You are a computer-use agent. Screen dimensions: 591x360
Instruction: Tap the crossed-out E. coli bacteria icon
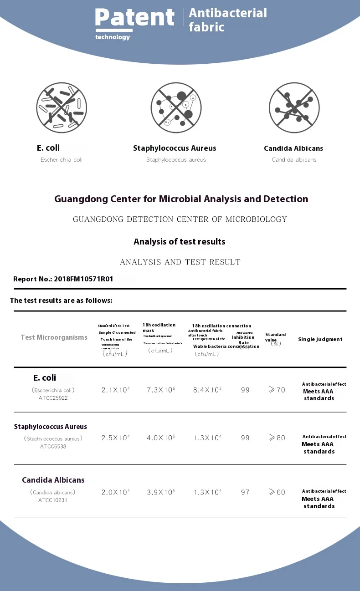point(62,108)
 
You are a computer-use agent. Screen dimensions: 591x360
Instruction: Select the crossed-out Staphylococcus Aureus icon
point(176,108)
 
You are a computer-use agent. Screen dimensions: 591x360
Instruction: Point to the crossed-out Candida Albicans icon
point(294,108)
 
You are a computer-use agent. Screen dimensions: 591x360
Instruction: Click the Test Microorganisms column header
point(54,337)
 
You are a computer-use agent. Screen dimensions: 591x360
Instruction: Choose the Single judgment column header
point(320,339)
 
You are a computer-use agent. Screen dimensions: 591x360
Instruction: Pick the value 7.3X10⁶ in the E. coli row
point(161,390)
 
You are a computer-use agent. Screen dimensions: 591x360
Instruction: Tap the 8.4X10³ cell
point(207,390)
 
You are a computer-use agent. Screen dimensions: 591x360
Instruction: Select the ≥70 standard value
point(277,390)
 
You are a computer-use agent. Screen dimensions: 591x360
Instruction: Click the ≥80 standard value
point(277,438)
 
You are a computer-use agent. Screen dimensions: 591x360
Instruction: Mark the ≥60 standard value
point(277,492)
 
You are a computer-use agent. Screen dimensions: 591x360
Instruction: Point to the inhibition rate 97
point(245,492)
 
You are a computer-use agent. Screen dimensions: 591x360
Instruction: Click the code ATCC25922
point(53,398)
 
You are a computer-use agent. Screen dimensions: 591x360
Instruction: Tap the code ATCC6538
point(53,446)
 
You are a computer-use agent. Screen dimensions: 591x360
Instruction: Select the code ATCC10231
point(53,500)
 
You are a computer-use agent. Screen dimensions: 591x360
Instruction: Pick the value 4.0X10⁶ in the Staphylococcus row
point(161,438)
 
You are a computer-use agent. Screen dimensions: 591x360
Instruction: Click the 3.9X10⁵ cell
point(161,492)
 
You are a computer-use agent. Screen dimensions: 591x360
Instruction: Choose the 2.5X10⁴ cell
point(115,438)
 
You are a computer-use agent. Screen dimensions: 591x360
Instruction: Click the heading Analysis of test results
point(179,242)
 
